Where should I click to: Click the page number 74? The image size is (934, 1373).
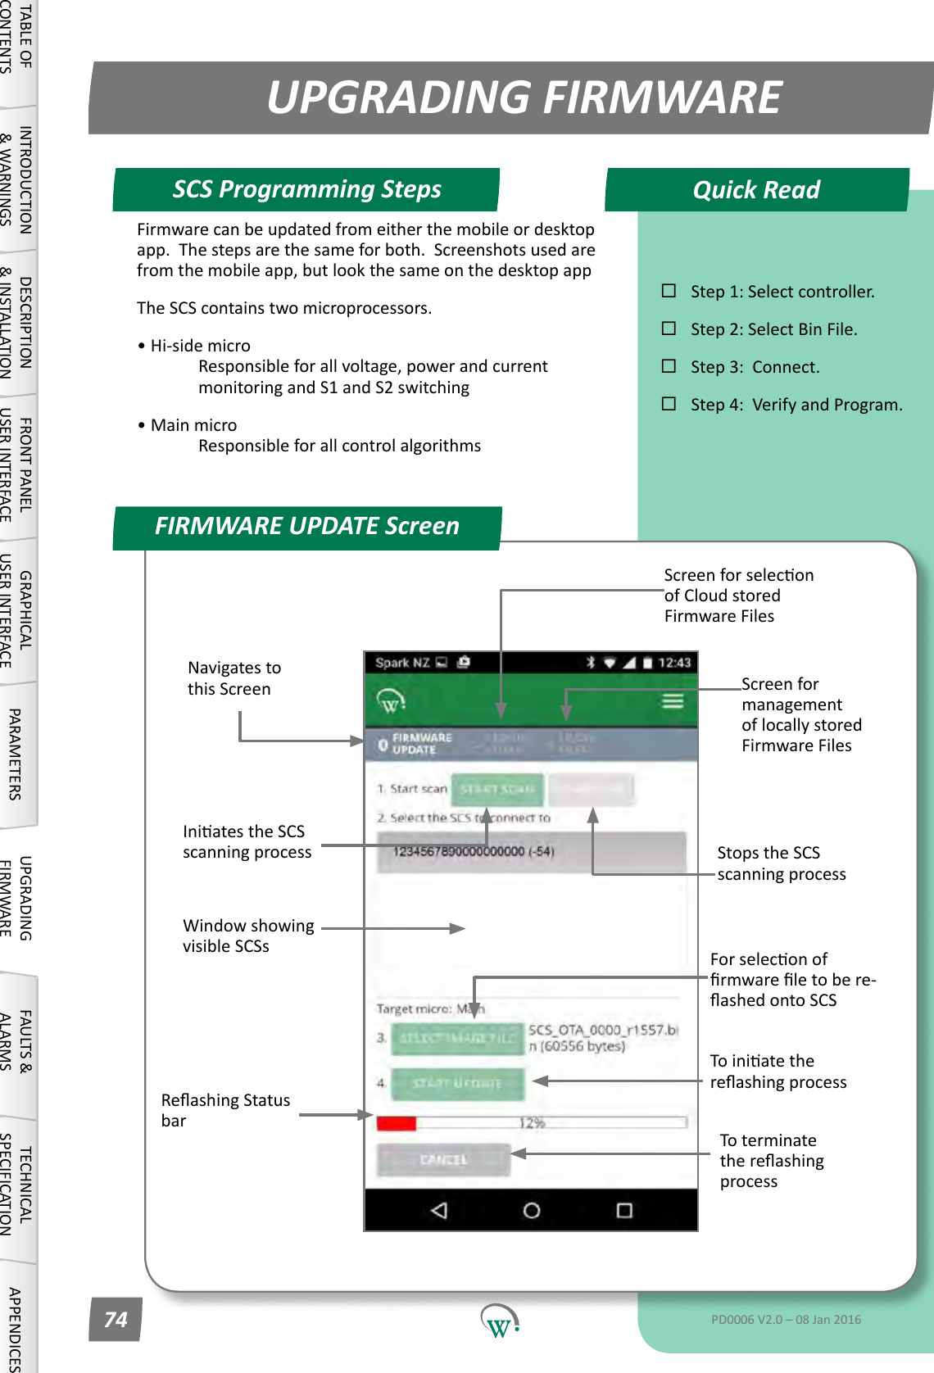(x=116, y=1320)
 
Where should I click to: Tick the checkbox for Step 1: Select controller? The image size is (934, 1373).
(x=669, y=291)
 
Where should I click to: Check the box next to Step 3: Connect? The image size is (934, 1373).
(x=669, y=366)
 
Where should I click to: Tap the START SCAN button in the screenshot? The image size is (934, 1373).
(x=496, y=789)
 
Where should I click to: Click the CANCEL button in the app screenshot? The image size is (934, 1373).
(x=443, y=1160)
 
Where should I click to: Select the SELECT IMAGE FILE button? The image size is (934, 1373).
(x=457, y=1038)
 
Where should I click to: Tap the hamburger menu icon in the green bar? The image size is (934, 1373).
(x=673, y=701)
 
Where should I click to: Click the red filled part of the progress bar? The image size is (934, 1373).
(x=397, y=1123)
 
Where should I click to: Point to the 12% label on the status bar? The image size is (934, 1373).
(x=532, y=1123)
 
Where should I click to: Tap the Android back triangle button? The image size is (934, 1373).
(x=439, y=1210)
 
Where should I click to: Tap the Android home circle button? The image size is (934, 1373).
(x=532, y=1210)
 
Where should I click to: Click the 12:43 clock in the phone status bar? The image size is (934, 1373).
(x=673, y=663)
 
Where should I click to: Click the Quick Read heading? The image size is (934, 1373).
(x=756, y=190)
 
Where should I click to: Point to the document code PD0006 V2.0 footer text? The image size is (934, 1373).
(x=785, y=1320)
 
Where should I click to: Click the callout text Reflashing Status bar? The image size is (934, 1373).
(x=224, y=1110)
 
